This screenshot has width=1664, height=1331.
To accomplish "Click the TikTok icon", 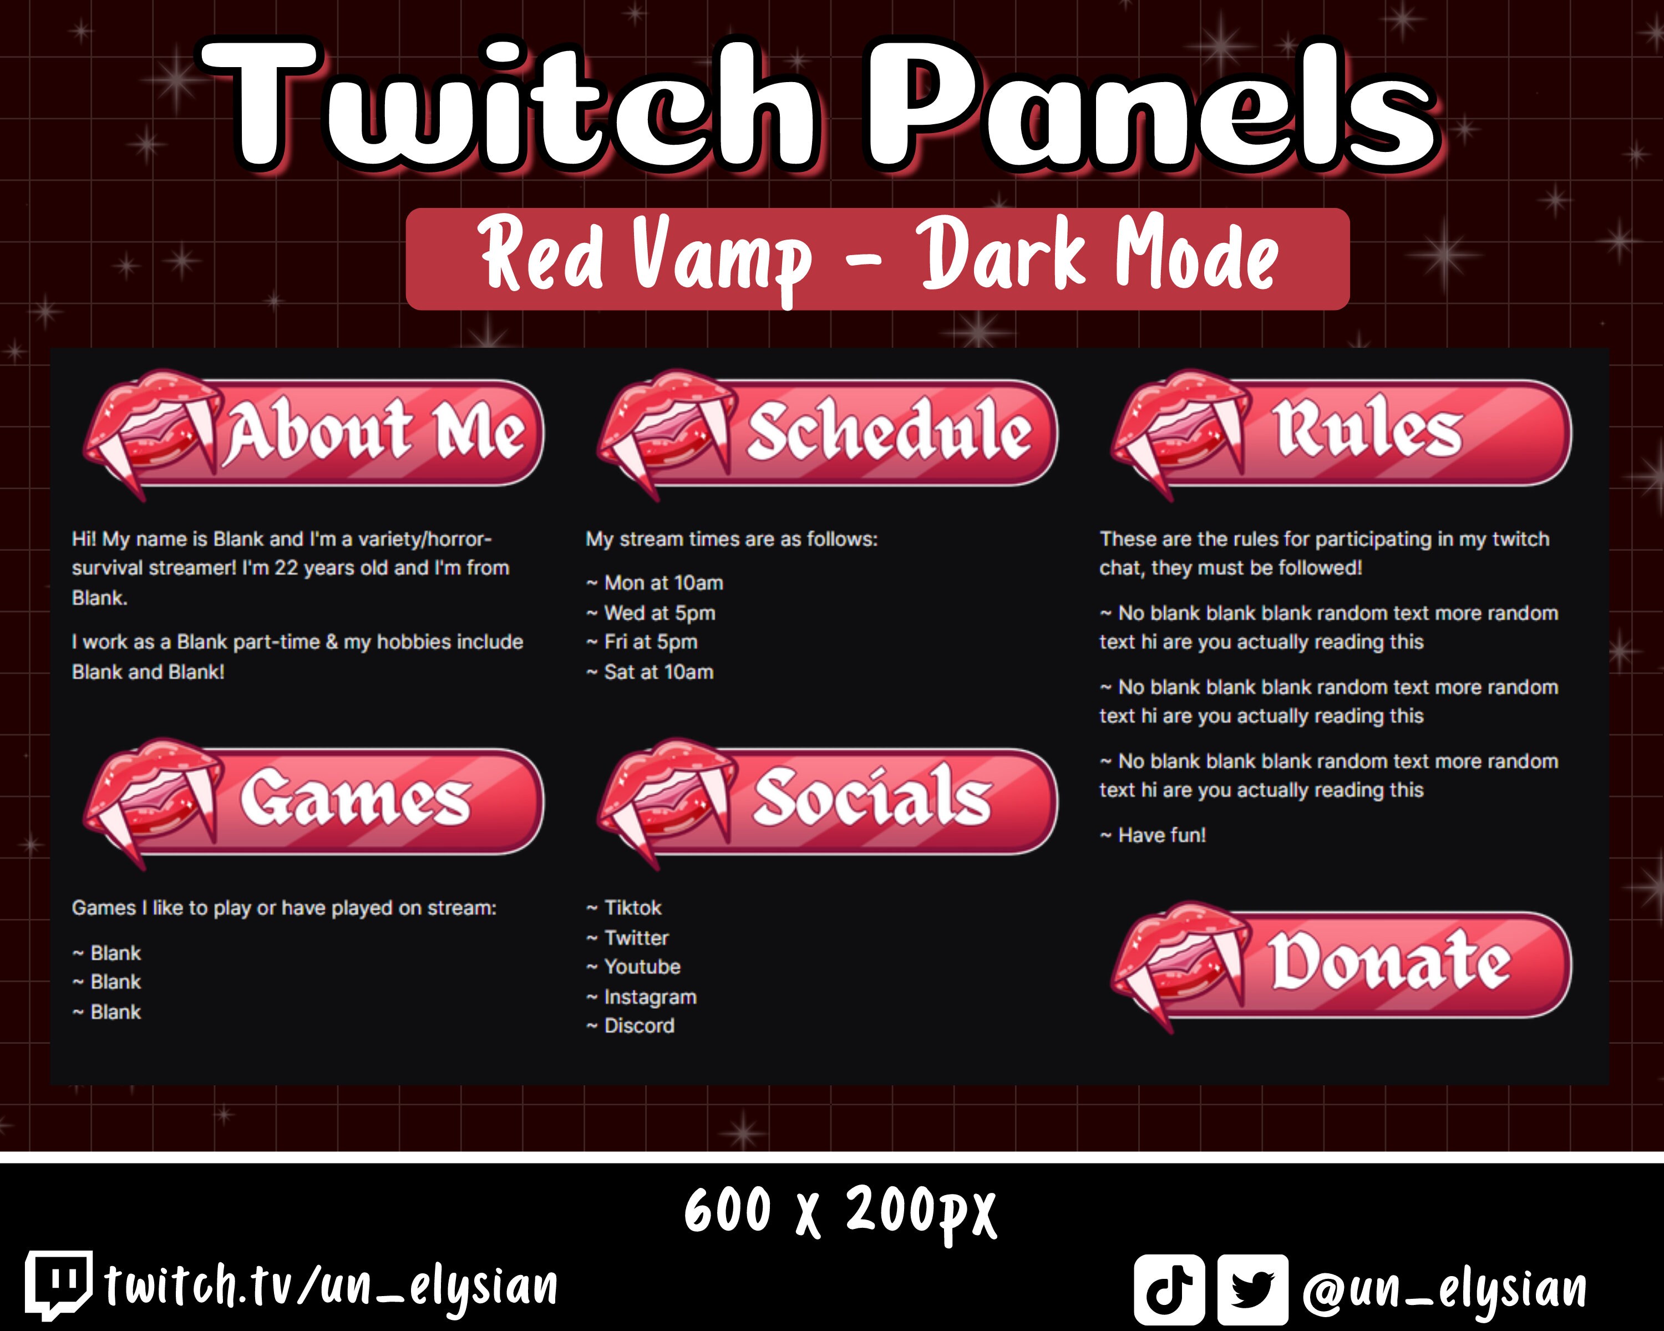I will [x=1169, y=1288].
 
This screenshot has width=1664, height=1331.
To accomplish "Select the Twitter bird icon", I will [x=1252, y=1288].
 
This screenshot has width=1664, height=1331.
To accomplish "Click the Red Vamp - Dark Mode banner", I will [x=877, y=258].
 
